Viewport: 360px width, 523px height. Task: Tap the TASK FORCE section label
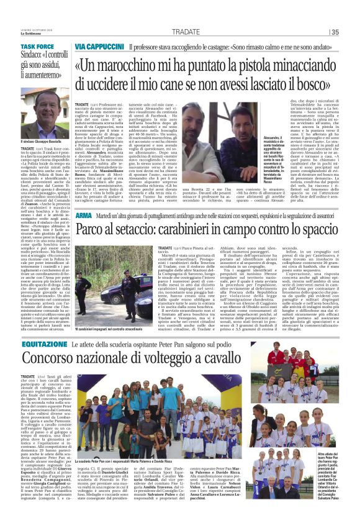(x=37, y=47)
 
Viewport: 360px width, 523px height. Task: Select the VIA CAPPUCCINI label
(x=99, y=47)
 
